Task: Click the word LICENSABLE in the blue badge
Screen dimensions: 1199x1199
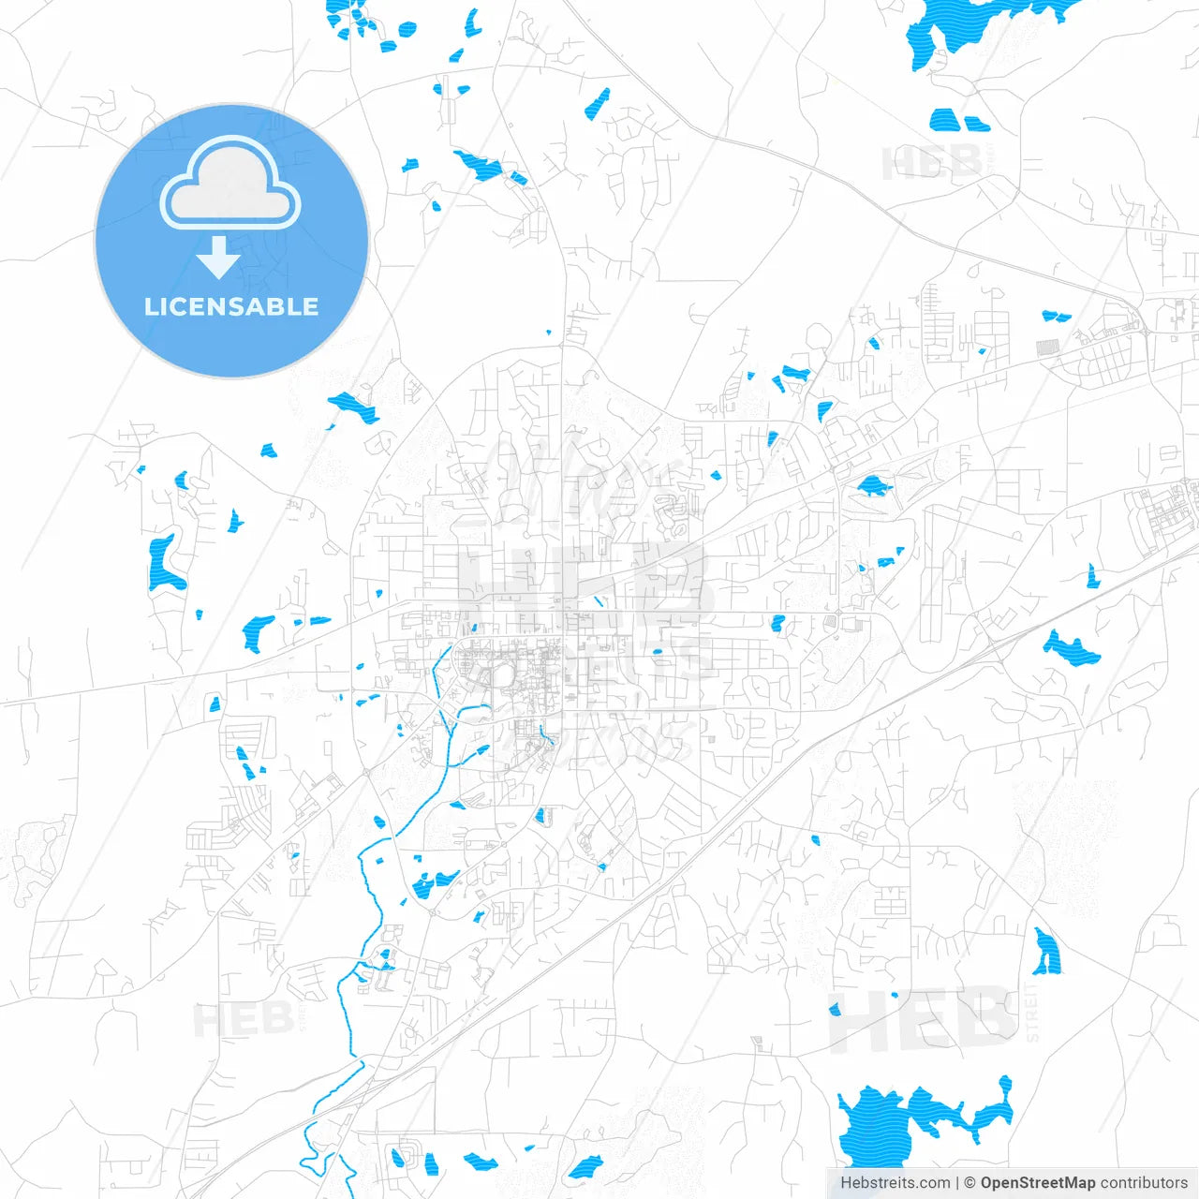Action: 231,306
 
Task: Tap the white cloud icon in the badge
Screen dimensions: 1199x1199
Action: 230,185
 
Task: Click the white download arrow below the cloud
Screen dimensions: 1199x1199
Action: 218,257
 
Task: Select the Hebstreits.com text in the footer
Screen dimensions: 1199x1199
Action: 895,1183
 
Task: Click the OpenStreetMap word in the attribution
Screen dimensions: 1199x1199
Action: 1037,1183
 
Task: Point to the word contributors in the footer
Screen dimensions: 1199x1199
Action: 1143,1183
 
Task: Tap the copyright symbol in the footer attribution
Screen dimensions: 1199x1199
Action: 970,1183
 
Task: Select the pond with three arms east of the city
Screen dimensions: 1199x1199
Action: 1071,647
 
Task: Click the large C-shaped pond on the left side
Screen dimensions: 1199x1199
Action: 165,565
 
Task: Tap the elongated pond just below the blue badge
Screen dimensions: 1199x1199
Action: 353,407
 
